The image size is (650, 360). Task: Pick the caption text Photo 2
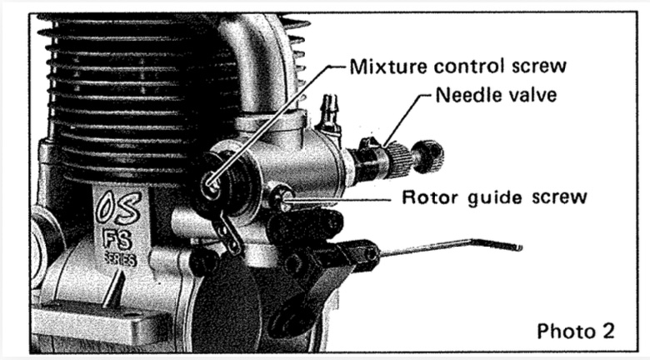click(576, 331)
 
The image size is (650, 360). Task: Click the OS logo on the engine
click(117, 207)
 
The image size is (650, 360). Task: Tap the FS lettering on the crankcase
click(117, 240)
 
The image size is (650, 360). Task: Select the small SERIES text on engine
click(119, 259)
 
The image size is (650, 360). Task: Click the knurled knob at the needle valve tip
click(427, 157)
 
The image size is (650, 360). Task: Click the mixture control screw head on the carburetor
click(210, 182)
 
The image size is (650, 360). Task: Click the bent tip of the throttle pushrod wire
click(517, 247)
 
